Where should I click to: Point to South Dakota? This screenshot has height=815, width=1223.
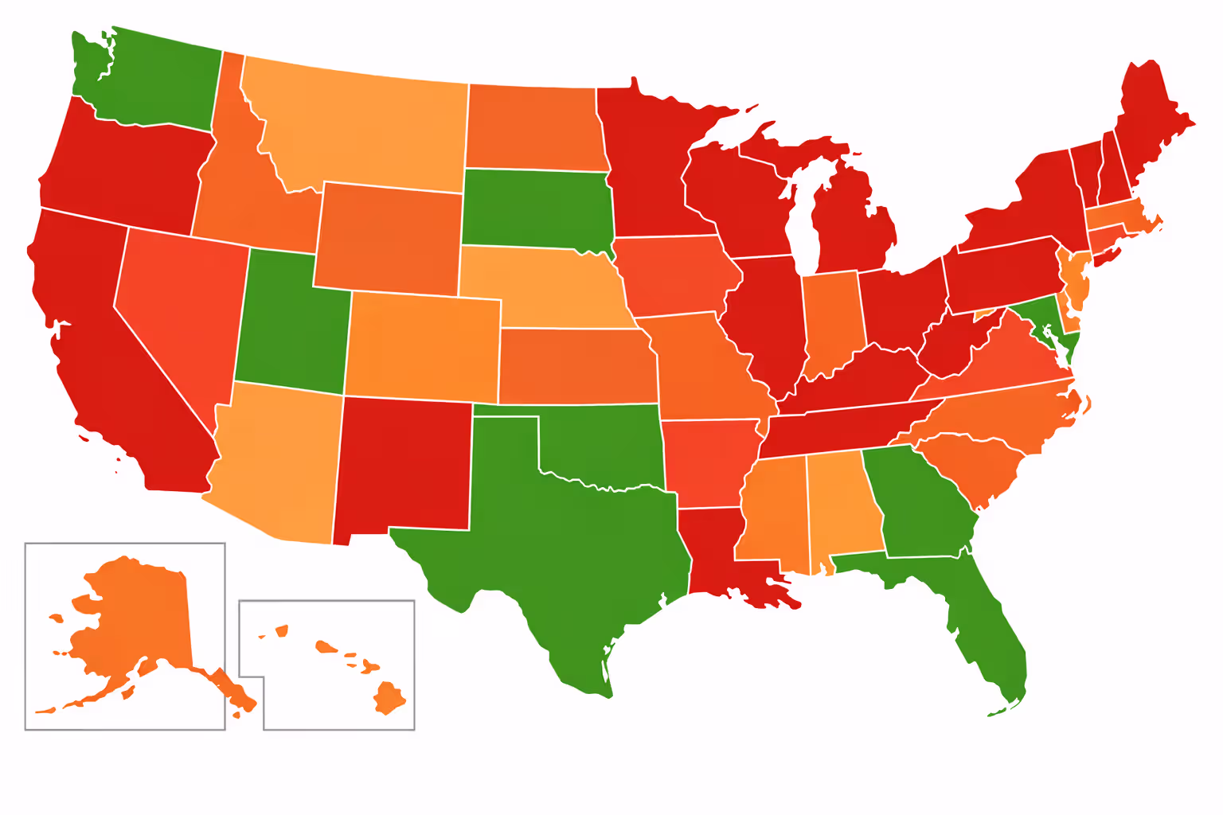coord(537,209)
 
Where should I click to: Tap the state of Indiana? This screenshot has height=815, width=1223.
coord(832,322)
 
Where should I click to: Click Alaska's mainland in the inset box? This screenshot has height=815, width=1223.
coord(135,621)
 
